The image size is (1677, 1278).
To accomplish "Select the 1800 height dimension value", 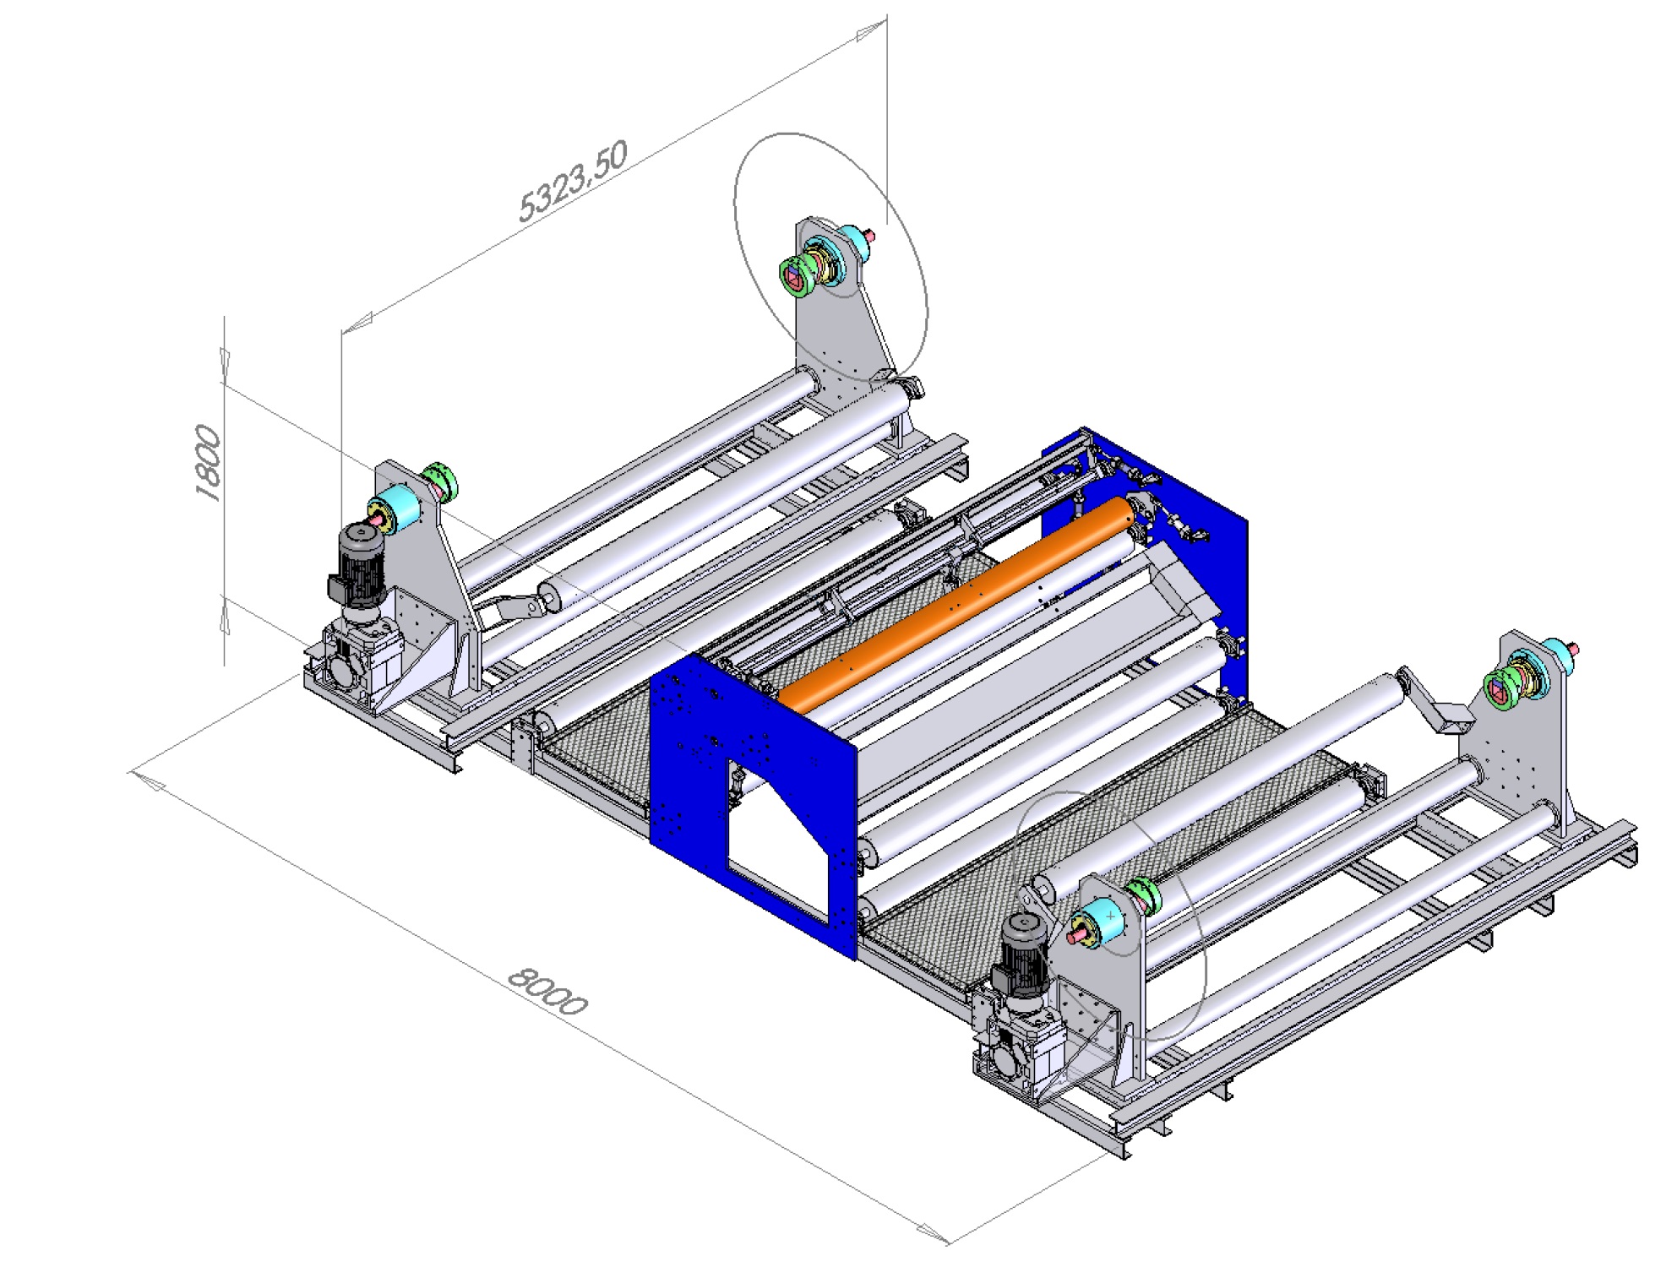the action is coord(208,463).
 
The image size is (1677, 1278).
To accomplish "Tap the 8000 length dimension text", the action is coord(547,990).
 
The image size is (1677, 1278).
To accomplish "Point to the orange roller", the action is coord(956,602).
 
